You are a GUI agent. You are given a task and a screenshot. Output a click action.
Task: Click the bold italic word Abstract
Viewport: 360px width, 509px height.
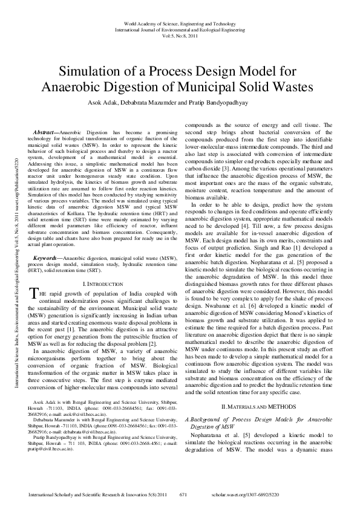[x=46, y=131]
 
